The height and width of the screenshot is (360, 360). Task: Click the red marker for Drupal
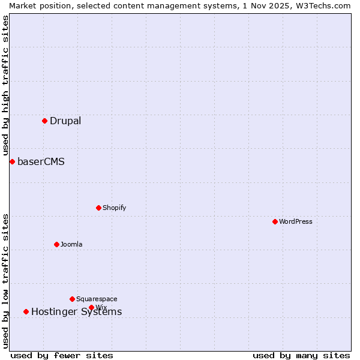[x=44, y=121]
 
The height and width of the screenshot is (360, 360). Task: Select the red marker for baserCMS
[x=12, y=161]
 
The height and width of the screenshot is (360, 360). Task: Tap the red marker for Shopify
[x=98, y=208]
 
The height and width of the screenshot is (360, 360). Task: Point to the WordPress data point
[x=275, y=221]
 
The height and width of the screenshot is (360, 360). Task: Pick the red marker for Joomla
[x=56, y=244]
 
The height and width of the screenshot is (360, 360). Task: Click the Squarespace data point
[x=72, y=299]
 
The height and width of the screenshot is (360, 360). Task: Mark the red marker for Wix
[x=91, y=307]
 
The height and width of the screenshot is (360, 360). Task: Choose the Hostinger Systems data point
[x=26, y=311]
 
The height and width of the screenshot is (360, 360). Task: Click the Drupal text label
[x=65, y=121]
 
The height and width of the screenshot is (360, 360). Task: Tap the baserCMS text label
[x=41, y=161]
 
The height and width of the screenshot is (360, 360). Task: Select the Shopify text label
[x=114, y=208]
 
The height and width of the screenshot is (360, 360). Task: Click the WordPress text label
[x=296, y=221]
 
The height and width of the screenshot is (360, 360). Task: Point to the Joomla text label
[x=71, y=244]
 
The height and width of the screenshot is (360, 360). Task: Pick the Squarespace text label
[x=97, y=299]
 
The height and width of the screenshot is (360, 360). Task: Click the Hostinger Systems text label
[x=76, y=311]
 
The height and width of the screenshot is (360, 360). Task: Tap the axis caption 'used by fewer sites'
[x=62, y=355]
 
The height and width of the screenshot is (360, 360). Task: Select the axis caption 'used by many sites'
[x=301, y=355]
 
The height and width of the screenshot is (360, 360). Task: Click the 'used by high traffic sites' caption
[x=5, y=85]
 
